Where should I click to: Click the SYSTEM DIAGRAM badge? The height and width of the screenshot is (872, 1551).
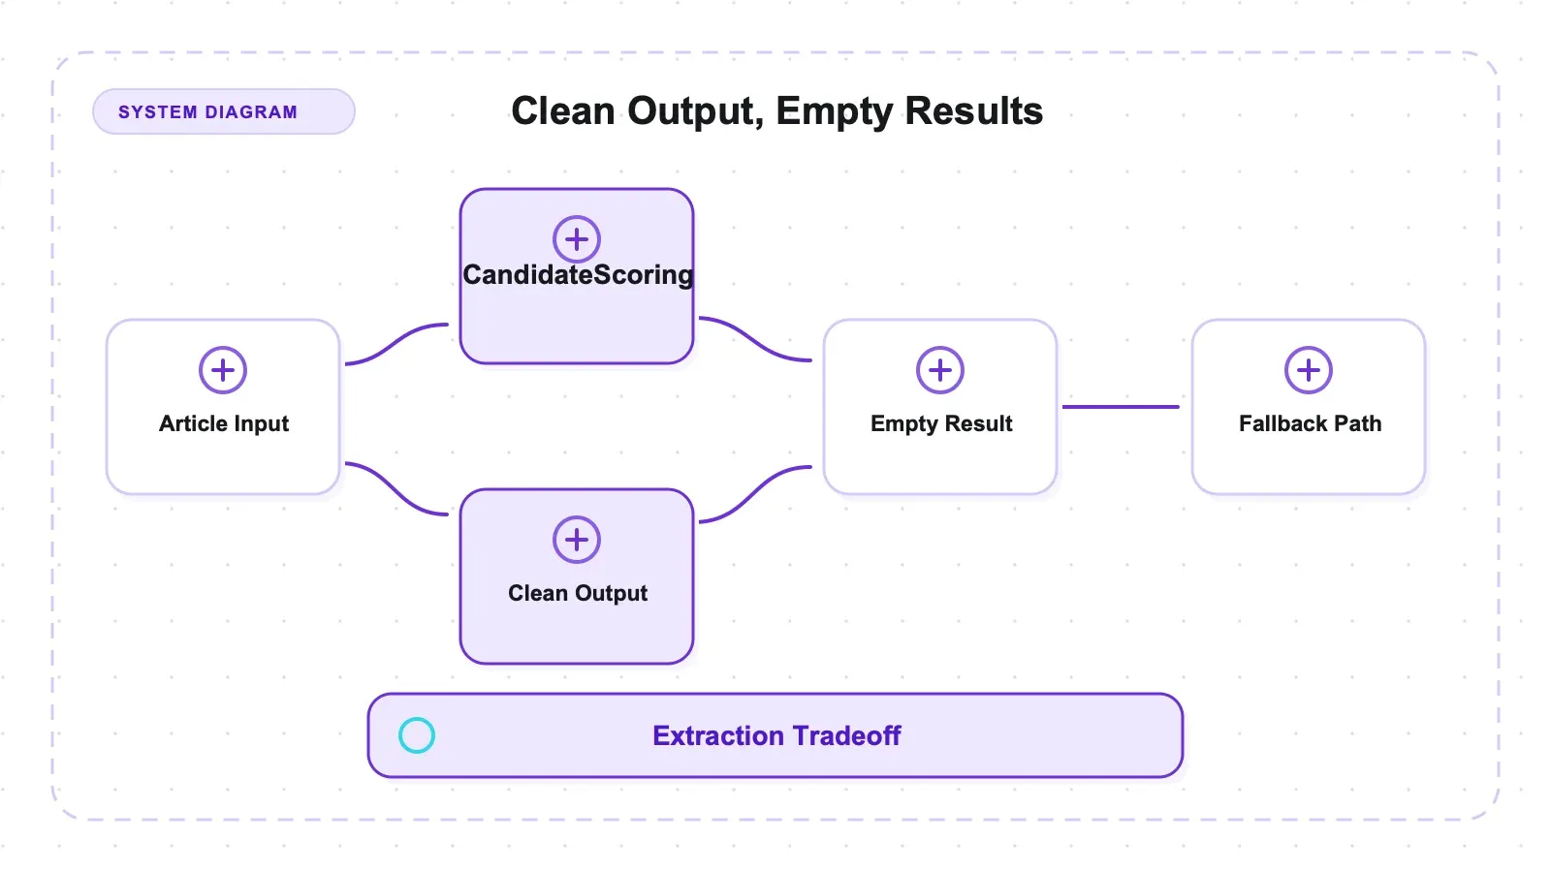[x=224, y=111]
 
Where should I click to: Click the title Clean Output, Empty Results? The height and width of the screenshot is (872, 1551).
[x=776, y=110]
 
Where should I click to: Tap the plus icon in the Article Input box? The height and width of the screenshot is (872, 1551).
[x=223, y=370]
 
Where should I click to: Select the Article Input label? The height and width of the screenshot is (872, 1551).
[x=224, y=423]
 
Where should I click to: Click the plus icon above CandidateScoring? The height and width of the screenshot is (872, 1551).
[x=577, y=239]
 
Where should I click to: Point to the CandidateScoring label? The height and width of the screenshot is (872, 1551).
[x=578, y=275]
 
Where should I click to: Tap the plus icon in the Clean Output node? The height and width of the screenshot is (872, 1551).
[x=577, y=540]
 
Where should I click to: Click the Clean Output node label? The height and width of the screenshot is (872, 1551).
[x=578, y=593]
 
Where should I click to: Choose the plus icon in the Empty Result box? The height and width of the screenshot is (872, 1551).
[x=940, y=370]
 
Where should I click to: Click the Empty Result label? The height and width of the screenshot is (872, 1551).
[x=941, y=423]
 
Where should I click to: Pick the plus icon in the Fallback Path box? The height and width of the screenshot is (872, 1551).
[x=1309, y=370]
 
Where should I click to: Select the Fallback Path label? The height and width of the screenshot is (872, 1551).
[x=1310, y=423]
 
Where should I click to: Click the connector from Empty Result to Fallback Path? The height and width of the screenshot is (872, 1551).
[x=1121, y=407]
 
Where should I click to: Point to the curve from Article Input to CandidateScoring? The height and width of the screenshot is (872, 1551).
[x=396, y=343]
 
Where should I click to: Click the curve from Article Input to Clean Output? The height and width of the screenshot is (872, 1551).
[x=396, y=488]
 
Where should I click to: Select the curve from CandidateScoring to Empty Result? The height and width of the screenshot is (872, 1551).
[x=755, y=339]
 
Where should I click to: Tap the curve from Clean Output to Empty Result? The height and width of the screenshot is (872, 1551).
[x=755, y=493]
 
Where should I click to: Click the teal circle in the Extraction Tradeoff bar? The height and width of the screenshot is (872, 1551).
[x=417, y=735]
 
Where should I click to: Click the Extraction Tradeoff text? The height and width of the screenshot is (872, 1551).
[x=776, y=735]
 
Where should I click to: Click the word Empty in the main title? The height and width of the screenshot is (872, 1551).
[x=835, y=110]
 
